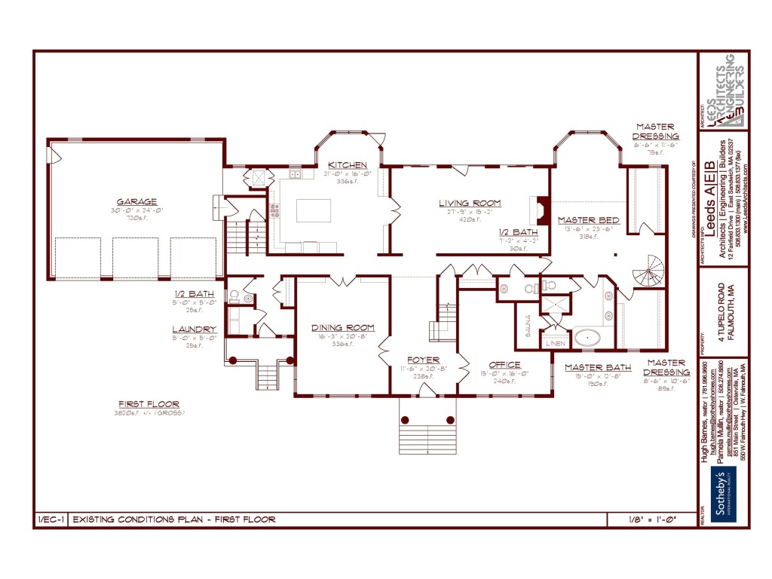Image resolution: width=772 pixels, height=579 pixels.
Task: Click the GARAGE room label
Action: pos(136,202)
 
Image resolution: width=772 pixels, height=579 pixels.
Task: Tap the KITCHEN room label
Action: pos(347,165)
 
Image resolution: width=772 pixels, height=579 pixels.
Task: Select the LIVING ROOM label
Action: pos(470,203)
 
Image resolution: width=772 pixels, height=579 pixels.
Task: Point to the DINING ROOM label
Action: pos(343,328)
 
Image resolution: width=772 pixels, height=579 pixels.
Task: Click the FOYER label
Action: pos(423,360)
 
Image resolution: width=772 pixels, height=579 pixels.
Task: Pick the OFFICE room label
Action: pos(504,365)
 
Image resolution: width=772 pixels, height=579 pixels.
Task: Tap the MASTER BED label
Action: pos(589,220)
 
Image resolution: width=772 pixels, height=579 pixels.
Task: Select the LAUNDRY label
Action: pos(195,329)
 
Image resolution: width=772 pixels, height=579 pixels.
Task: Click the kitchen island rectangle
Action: pos(313,210)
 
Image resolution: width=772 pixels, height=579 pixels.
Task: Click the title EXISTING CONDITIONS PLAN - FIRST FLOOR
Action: pos(173,519)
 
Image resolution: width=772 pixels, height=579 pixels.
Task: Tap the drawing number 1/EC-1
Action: pos(51,519)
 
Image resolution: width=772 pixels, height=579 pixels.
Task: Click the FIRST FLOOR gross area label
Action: pos(150,404)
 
